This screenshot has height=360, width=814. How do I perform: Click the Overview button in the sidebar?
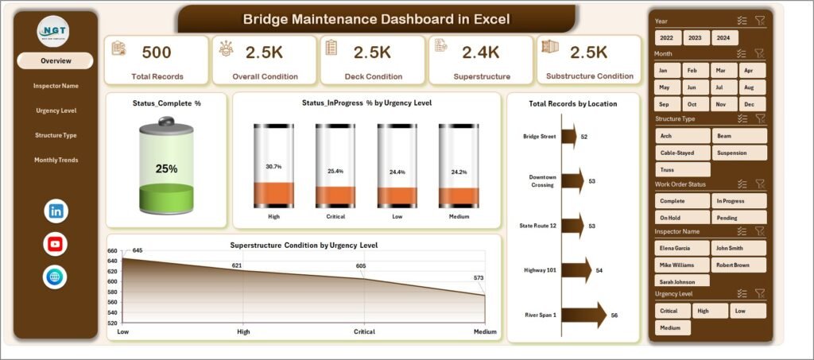coord(56,60)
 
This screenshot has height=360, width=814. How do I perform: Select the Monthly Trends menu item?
coord(56,160)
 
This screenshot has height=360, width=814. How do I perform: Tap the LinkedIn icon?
coord(56,211)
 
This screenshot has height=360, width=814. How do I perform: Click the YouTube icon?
coord(56,244)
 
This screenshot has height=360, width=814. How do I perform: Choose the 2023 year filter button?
coord(695,37)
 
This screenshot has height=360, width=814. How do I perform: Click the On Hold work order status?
coord(680,217)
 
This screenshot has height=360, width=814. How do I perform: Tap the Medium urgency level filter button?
coord(670,327)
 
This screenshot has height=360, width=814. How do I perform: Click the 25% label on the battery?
coord(166,168)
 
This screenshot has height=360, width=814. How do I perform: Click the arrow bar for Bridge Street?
coord(569,137)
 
